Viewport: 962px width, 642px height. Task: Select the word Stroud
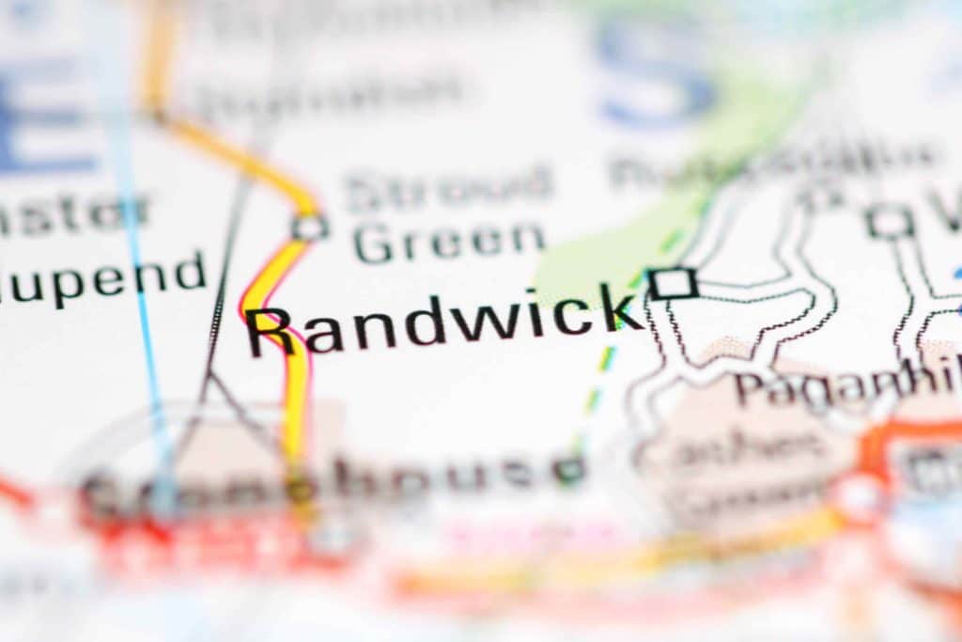tap(448, 191)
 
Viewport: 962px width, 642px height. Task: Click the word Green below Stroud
tap(448, 242)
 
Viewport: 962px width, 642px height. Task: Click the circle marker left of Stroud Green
tap(309, 227)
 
